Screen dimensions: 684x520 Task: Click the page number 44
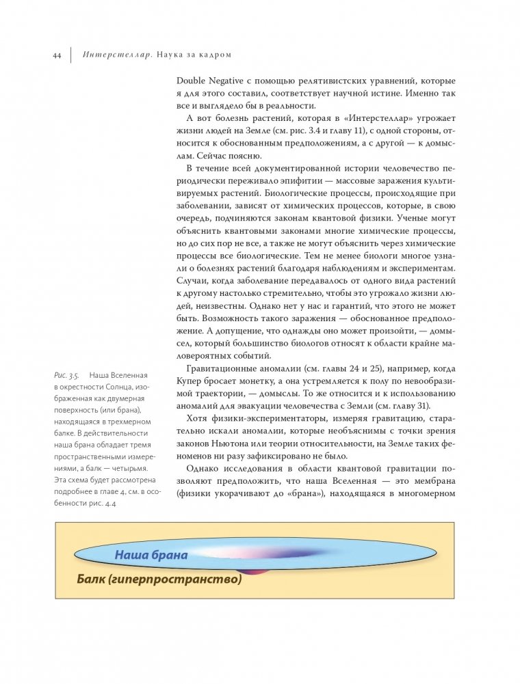click(57, 55)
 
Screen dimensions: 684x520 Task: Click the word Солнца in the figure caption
click(120, 387)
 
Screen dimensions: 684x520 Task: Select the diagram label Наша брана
click(151, 555)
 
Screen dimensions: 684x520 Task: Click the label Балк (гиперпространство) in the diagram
click(159, 580)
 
